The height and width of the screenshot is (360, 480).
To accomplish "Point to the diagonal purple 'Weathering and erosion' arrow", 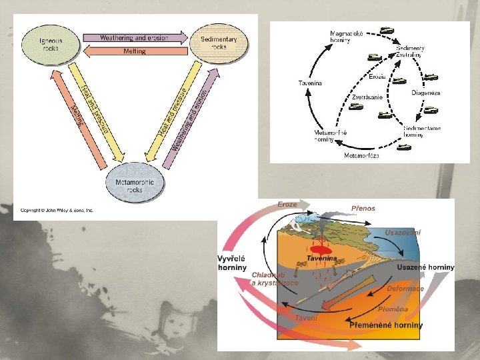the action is click(192, 117).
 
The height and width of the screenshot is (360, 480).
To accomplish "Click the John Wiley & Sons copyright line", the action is click(58, 211).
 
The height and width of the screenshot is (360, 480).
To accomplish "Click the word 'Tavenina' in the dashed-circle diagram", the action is click(309, 83).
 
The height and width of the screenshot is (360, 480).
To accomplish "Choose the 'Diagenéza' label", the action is click(425, 93).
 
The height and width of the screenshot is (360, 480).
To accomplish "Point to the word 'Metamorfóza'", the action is click(361, 155).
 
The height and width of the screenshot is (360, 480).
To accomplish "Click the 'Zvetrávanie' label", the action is click(367, 97).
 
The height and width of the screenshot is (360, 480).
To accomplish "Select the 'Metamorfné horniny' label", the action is click(332, 136).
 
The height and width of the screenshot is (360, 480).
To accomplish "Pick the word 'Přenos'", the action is click(363, 208).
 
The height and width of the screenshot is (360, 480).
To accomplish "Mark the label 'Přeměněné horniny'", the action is click(386, 325).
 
